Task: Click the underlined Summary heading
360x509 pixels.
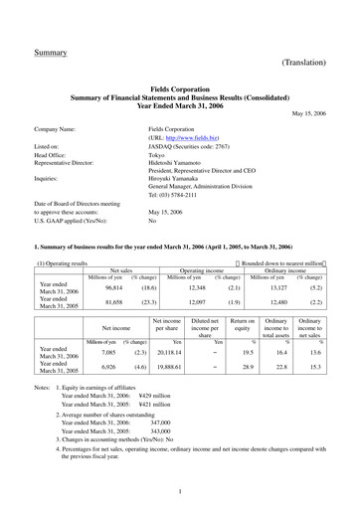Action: pyautogui.click(x=51, y=51)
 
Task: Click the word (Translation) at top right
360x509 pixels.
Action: pyautogui.click(x=305, y=62)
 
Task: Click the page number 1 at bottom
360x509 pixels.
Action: pyautogui.click(x=180, y=490)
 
